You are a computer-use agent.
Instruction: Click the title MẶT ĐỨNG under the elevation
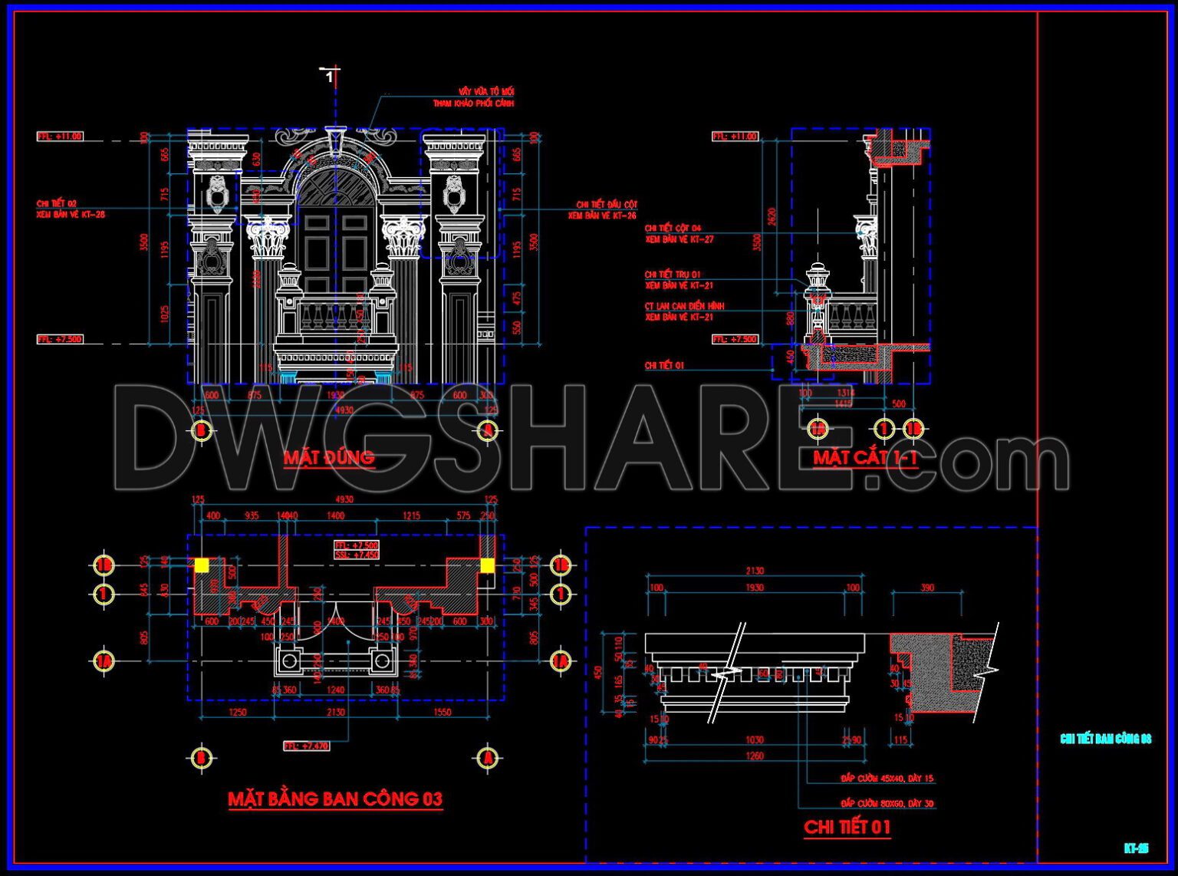(329, 458)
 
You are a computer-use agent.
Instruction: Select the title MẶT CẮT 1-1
(865, 458)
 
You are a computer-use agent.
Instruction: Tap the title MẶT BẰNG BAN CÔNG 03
(335, 799)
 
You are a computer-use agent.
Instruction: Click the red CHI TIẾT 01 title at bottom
(847, 827)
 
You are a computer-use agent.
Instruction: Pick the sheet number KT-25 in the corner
(1136, 848)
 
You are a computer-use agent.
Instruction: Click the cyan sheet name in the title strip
(1105, 739)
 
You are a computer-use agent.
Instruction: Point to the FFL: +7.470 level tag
(306, 746)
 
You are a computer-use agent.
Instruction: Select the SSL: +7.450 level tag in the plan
(356, 555)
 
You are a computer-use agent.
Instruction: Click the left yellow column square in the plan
(201, 565)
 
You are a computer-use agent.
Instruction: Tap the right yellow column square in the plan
(487, 565)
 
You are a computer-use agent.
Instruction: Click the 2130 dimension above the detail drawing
(755, 571)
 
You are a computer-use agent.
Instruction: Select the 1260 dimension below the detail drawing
(755, 756)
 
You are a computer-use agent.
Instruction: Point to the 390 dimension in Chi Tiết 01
(927, 588)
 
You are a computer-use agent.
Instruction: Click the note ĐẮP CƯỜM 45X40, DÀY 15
(887, 779)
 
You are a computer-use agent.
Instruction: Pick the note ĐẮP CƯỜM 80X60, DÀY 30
(887, 804)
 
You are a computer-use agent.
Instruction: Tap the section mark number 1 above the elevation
(330, 77)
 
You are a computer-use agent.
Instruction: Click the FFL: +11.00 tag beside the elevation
(60, 137)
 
